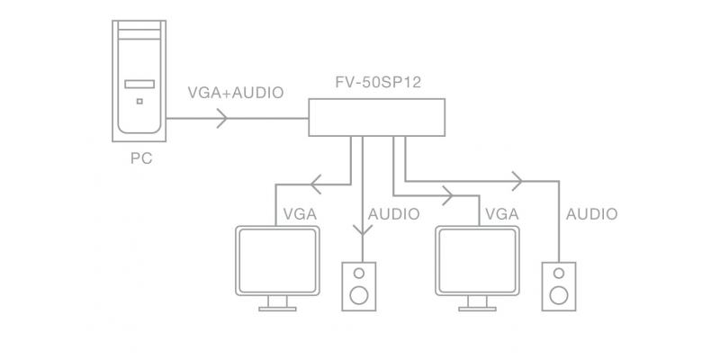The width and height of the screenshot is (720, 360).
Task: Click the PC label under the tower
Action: pyautogui.click(x=141, y=158)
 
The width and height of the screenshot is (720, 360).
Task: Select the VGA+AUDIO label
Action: pyautogui.click(x=236, y=93)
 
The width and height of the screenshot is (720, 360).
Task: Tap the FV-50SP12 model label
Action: pyautogui.click(x=378, y=82)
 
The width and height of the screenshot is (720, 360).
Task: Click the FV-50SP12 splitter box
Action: pyautogui.click(x=376, y=118)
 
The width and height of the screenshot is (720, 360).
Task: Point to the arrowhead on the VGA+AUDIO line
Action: pyautogui.click(x=222, y=119)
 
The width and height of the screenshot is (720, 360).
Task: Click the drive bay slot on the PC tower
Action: pyautogui.click(x=139, y=84)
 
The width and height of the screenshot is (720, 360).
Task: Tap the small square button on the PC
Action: pyautogui.click(x=139, y=101)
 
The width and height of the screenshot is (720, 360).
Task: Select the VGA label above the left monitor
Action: pyautogui.click(x=300, y=214)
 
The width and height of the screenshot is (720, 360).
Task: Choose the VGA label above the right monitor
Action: pyautogui.click(x=502, y=214)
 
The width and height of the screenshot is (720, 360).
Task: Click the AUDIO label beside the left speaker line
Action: pyautogui.click(x=393, y=214)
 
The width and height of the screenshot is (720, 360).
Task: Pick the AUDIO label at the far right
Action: pyautogui.click(x=591, y=214)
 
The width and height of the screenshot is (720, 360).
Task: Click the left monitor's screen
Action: pyautogui.click(x=277, y=260)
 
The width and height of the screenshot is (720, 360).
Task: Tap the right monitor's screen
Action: pyautogui.click(x=477, y=260)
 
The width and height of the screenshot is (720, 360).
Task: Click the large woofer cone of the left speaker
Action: pyautogui.click(x=359, y=295)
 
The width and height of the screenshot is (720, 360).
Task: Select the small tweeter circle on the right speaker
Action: pyautogui.click(x=559, y=274)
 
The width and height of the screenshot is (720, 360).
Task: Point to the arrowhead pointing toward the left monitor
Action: pyautogui.click(x=316, y=184)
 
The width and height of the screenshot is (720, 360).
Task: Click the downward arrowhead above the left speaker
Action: pyautogui.click(x=363, y=230)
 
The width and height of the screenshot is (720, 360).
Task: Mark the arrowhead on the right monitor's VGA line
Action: pyautogui.click(x=447, y=195)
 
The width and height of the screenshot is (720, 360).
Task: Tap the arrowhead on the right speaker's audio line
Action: pyautogui.click(x=517, y=181)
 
